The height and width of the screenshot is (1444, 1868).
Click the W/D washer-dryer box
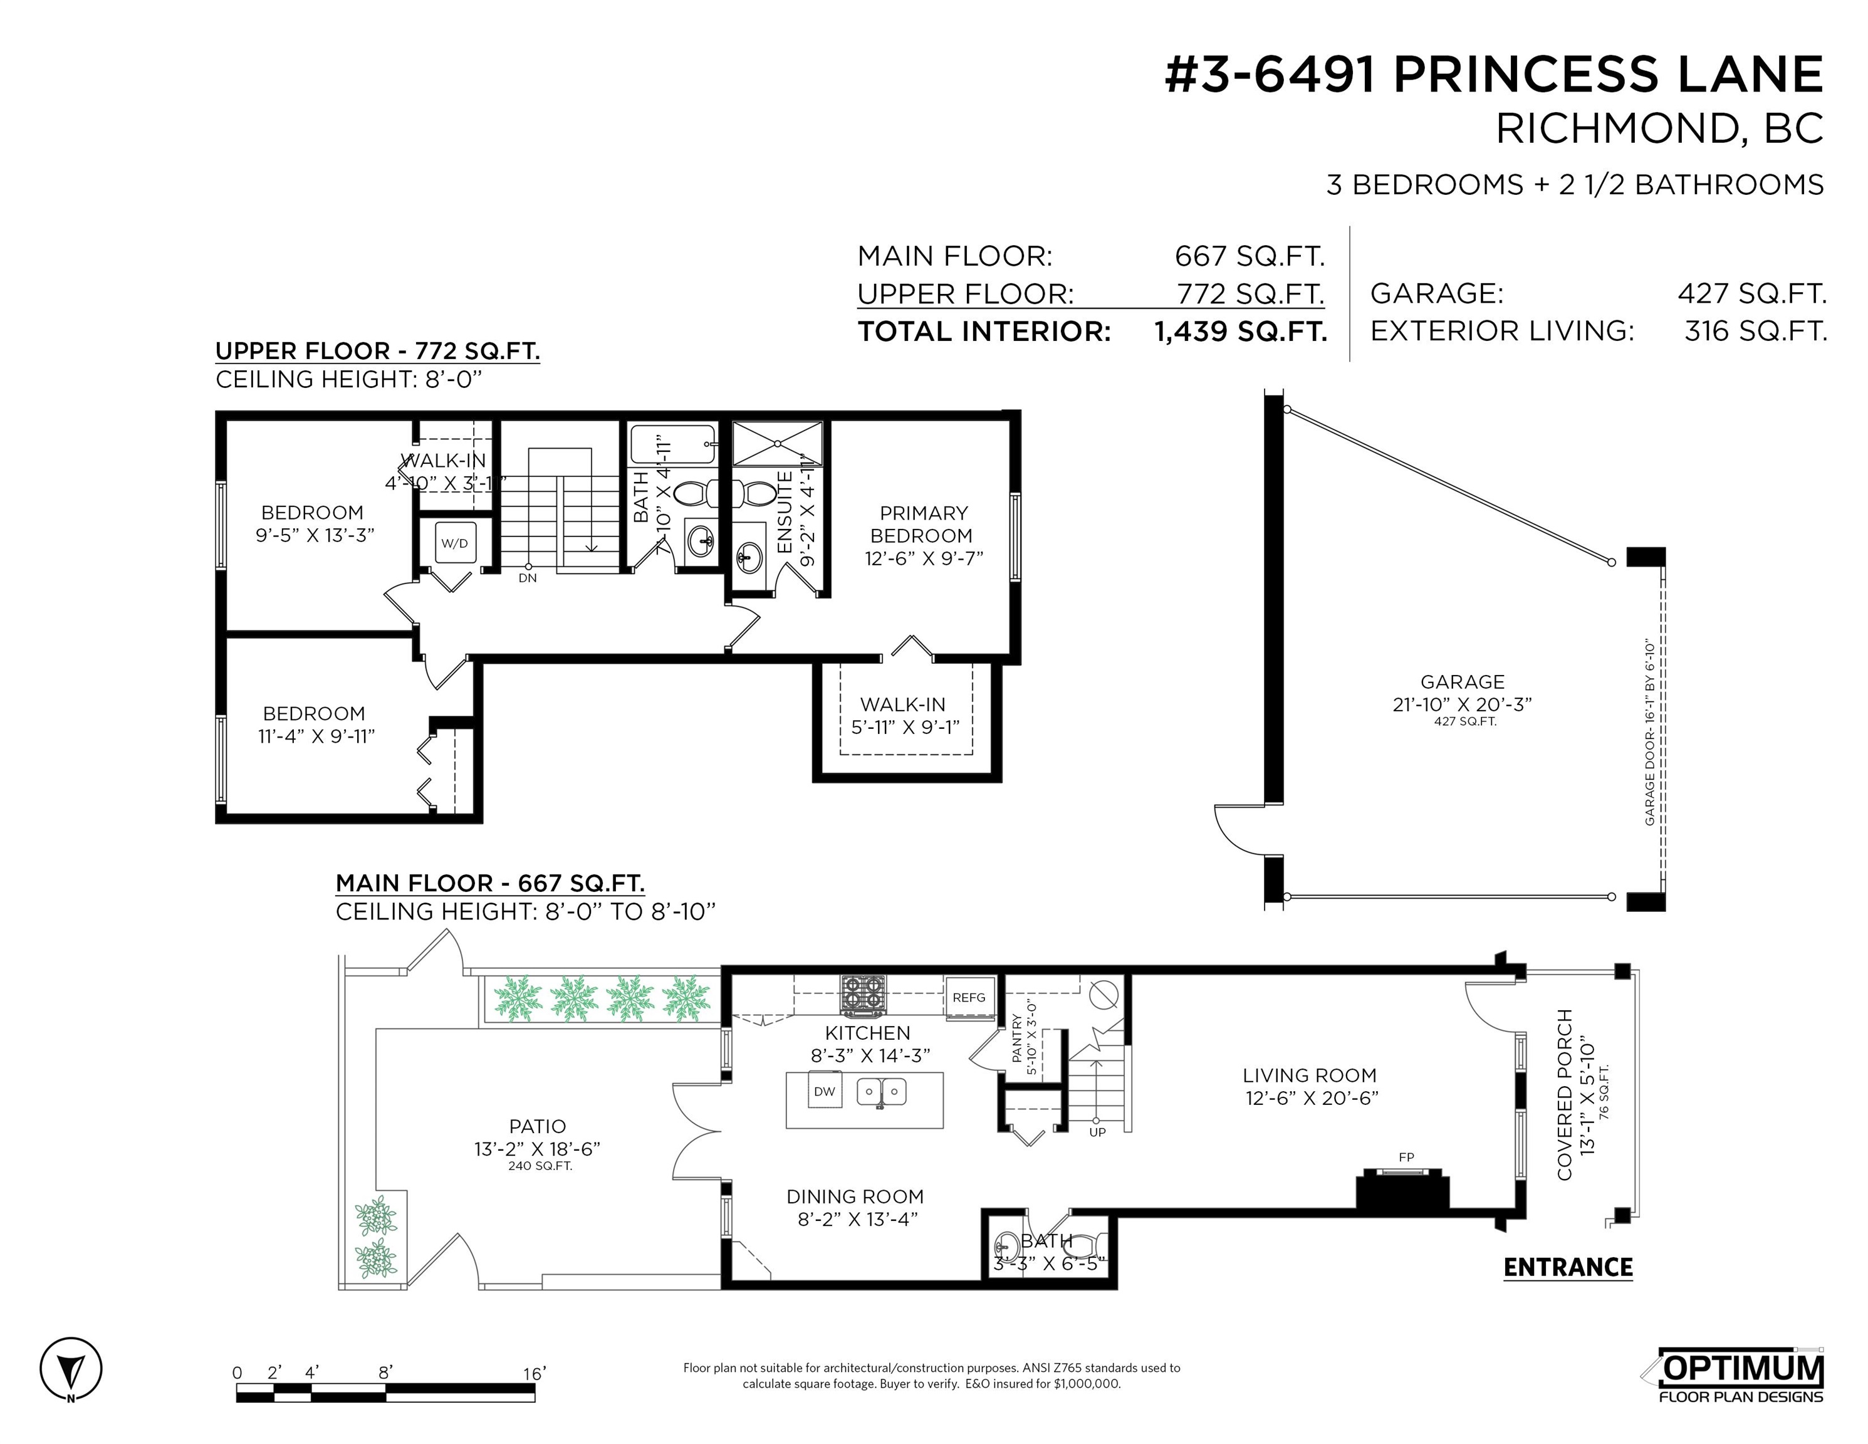coord(454,542)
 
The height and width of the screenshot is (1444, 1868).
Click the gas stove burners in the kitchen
coord(864,995)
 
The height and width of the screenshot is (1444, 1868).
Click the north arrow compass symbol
coord(71,1369)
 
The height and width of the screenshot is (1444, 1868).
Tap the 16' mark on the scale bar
coord(535,1374)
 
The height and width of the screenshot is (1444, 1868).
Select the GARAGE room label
coord(1463,682)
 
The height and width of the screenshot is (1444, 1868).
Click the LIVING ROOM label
coord(1310,1075)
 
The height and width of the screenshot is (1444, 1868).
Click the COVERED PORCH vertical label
coord(1564,1095)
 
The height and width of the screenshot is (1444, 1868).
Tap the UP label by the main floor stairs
coord(1097,1133)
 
